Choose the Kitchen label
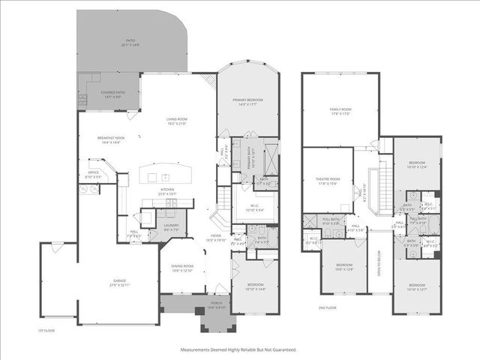(166, 191)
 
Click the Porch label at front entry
(216, 304)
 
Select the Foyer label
(216, 236)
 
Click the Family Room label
(340, 110)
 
